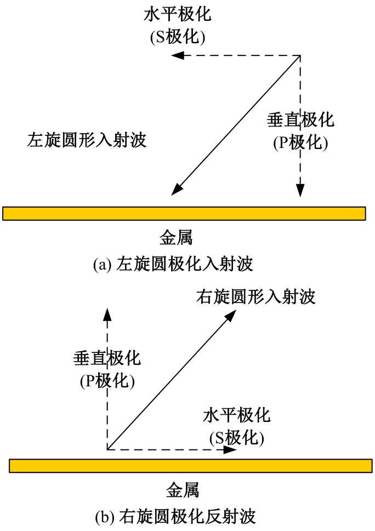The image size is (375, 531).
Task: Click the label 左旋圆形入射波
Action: pos(87,140)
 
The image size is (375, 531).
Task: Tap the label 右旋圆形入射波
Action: pos(256,296)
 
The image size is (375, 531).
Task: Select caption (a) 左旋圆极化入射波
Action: pos(173,264)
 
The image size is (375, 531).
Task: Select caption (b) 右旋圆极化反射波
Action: pos(175,517)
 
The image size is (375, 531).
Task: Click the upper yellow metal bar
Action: pos(184,213)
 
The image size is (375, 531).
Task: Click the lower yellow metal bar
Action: pos(191,466)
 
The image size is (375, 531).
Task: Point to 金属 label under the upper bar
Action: pos(176,237)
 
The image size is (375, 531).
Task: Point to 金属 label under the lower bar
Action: pos(183,490)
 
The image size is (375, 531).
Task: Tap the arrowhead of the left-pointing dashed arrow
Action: pos(178,55)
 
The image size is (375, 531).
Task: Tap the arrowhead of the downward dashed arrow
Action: pos(300,190)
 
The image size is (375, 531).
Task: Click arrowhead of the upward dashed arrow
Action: pos(107,315)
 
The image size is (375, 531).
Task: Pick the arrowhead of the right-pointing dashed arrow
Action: pos(230,450)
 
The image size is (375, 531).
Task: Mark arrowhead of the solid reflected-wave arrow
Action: pos(231,316)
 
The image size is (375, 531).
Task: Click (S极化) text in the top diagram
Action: pos(178,37)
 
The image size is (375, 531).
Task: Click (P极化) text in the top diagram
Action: pos(301,142)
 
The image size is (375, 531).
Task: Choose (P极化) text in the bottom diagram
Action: pos(107,381)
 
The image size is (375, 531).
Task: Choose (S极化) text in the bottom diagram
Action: pos(237,438)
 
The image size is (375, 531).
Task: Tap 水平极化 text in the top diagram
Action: pos(178,14)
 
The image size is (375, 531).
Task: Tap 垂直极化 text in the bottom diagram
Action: pos(107,358)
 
